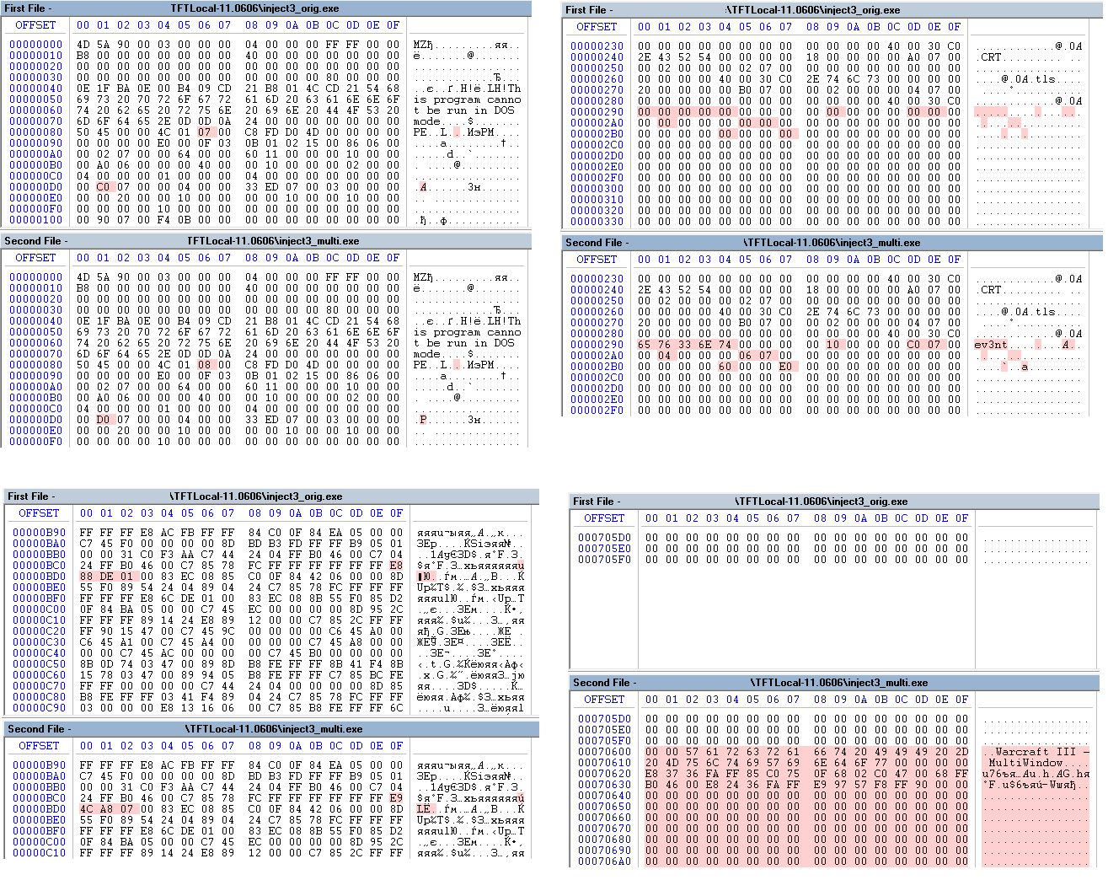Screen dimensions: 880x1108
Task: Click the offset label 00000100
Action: coord(35,220)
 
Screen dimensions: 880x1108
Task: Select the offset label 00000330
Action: coord(597,222)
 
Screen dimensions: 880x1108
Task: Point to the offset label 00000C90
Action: coord(39,708)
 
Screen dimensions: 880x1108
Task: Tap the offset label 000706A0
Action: coord(604,861)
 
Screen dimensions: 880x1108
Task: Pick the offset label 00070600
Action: coord(604,752)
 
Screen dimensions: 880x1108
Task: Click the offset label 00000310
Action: coord(597,200)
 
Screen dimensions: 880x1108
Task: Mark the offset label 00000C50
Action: coord(39,664)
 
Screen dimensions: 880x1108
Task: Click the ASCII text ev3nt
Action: coord(991,345)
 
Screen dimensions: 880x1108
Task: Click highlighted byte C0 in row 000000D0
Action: coord(104,187)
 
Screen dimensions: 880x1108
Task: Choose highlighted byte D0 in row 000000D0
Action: coord(104,420)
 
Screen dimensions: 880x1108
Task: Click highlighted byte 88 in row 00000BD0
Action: coord(87,577)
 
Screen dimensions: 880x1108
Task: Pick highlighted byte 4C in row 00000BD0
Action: coord(87,808)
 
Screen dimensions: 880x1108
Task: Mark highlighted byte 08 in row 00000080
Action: coord(205,365)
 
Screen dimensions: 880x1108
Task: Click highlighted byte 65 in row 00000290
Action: coord(645,345)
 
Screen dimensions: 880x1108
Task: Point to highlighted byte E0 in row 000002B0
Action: coord(786,367)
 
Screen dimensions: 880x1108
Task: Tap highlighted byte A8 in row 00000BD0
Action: coord(107,808)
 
